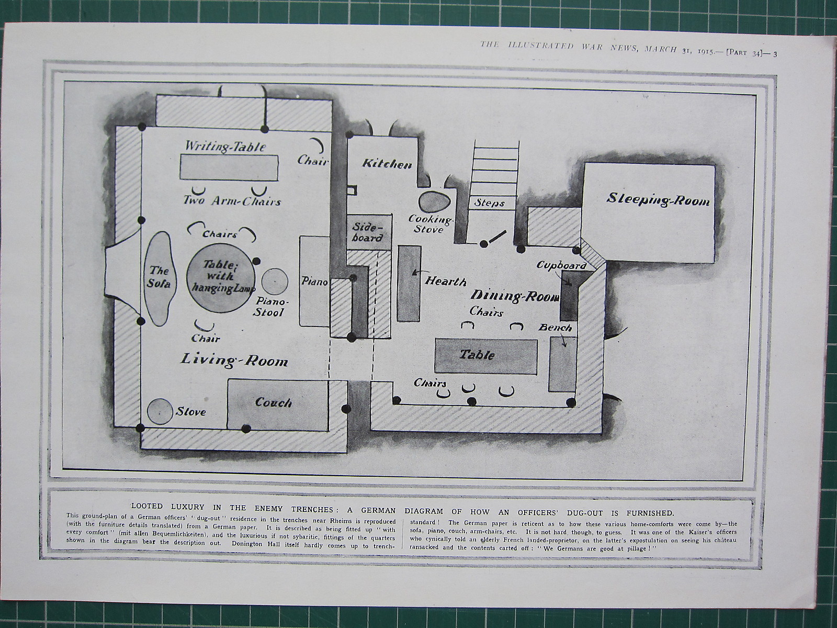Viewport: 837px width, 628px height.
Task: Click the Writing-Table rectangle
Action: coord(229,167)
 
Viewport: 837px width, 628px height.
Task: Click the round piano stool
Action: coord(274,282)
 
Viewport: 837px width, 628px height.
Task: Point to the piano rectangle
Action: coord(313,282)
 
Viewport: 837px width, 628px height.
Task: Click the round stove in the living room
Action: coord(160,411)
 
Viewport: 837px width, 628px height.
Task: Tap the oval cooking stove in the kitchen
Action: coord(434,203)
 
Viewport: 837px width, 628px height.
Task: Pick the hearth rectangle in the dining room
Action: coord(409,283)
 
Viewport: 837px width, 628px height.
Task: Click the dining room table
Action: coord(486,355)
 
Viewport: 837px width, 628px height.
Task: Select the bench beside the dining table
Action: coord(562,364)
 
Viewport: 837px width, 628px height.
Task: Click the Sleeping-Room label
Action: coord(658,200)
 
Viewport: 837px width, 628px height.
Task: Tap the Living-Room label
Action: coord(234,360)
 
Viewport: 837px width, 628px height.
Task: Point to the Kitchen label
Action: coord(387,164)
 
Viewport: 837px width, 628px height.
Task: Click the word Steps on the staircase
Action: coord(490,203)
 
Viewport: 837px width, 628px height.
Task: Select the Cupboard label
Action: coord(561,265)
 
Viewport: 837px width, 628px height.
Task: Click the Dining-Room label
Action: coord(515,296)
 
